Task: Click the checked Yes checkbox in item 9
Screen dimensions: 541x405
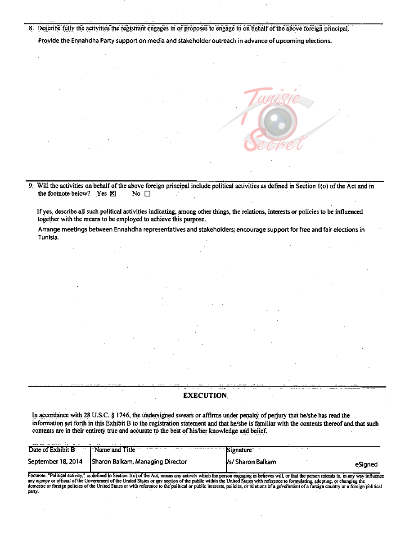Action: coord(112,194)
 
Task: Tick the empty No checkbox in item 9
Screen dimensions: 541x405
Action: coord(147,194)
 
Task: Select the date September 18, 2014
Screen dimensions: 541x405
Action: coord(55,462)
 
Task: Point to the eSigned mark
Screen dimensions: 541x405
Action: coord(366,464)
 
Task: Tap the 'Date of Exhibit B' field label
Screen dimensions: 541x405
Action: coord(51,449)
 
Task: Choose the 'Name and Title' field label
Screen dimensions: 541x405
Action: coord(115,449)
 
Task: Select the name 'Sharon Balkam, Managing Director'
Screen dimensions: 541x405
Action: coord(139,462)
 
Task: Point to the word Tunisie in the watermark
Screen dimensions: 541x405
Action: coord(272,96)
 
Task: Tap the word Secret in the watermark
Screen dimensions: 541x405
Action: coord(274,142)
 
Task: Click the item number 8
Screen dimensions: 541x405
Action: coord(31,28)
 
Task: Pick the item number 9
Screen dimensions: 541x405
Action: coord(31,186)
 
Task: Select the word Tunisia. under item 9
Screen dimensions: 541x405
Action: coord(48,238)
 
